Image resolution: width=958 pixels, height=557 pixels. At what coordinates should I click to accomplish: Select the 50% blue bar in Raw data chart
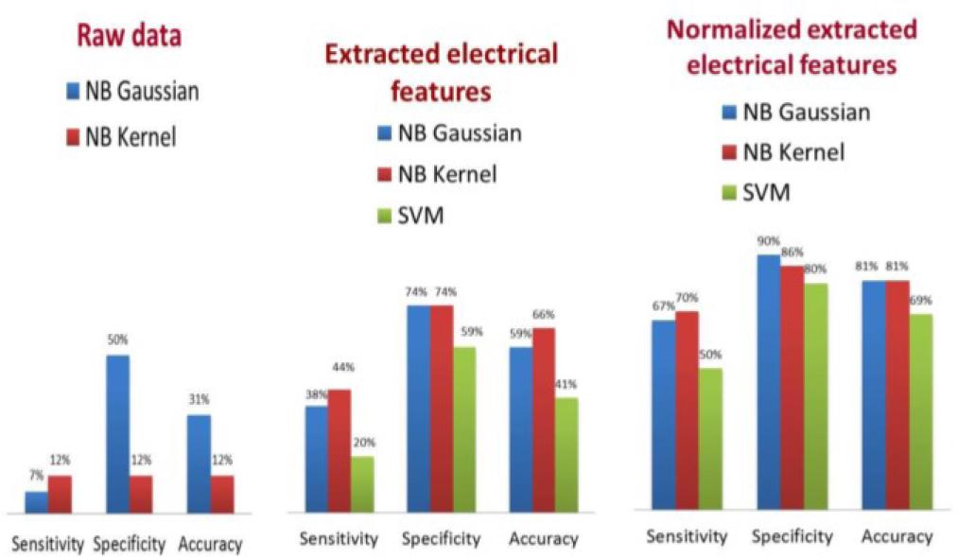[x=117, y=434]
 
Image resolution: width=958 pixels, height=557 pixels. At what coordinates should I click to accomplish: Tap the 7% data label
[x=36, y=475]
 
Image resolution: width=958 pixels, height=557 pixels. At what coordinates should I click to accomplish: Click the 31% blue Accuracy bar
[x=199, y=463]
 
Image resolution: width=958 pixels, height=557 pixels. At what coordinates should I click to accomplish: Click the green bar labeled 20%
[x=362, y=485]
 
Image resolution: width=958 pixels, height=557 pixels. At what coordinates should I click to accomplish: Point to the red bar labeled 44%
[x=340, y=451]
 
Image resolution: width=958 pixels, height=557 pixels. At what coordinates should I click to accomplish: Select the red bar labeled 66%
[x=544, y=421]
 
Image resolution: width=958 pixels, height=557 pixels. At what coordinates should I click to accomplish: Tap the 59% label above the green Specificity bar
[x=473, y=332]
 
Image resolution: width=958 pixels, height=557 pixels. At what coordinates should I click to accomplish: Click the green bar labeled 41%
[x=566, y=456]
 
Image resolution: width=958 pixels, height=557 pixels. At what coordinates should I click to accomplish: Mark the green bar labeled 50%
[x=710, y=437]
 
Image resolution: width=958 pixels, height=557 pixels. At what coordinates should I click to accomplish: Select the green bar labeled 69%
[x=920, y=410]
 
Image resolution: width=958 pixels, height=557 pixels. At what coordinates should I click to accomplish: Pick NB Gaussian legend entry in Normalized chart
[x=793, y=113]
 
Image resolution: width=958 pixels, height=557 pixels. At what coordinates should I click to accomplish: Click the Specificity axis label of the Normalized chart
[x=792, y=536]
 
